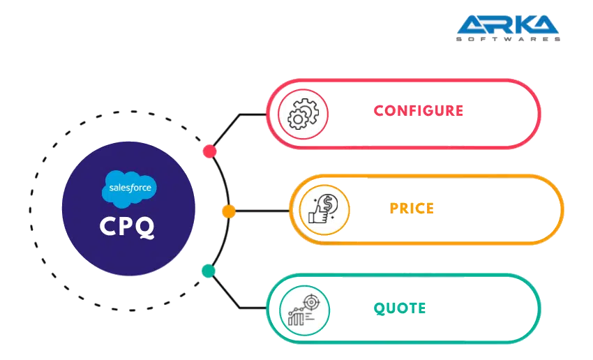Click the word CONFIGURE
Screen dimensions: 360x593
[x=419, y=111]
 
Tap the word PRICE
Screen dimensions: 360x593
[x=412, y=208]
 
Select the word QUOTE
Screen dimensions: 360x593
[x=401, y=308]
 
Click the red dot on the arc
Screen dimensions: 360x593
[x=209, y=151]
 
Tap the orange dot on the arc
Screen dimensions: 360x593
[x=228, y=211]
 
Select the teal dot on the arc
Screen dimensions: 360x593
[x=208, y=271]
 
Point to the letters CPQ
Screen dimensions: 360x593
[x=129, y=227]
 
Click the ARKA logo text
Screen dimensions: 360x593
[x=509, y=26]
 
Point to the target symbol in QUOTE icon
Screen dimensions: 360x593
[x=311, y=301]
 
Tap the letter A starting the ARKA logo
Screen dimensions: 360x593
[x=472, y=26]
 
